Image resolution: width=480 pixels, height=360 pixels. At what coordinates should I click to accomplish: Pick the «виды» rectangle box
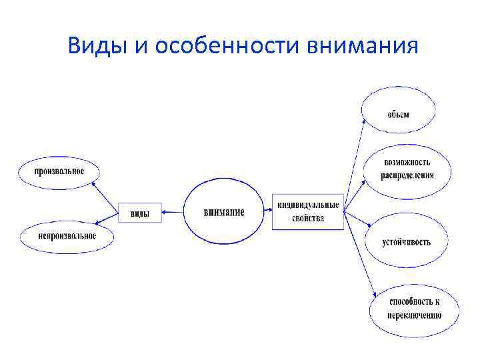click(140, 213)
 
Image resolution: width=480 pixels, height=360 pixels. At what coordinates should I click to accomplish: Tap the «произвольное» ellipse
click(60, 171)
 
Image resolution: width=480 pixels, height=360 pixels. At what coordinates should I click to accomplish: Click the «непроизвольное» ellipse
click(67, 235)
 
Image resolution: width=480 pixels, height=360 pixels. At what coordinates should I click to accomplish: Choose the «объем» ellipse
click(399, 113)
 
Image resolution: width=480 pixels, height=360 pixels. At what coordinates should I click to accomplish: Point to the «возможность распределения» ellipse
click(407, 169)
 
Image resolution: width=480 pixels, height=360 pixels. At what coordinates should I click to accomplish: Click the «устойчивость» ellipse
click(407, 241)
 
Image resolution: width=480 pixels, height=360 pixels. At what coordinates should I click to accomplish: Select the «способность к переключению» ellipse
click(415, 308)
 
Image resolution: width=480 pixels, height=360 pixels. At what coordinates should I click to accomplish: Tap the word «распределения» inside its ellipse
click(407, 176)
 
